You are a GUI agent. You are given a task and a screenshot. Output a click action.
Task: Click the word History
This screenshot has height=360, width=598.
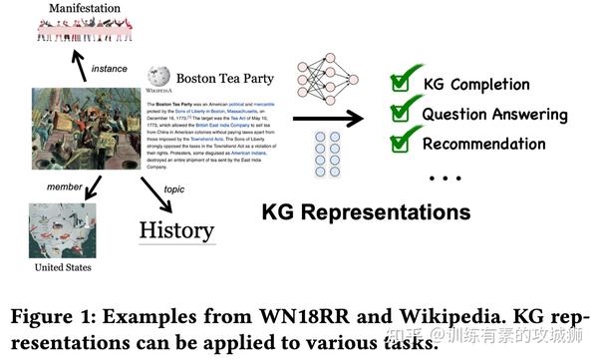point(176,228)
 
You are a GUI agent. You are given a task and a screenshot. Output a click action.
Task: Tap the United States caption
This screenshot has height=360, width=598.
point(61,268)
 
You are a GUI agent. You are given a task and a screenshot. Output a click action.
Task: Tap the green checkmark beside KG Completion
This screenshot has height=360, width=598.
point(402,80)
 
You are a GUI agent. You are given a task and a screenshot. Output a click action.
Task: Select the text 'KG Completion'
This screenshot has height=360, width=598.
point(476,84)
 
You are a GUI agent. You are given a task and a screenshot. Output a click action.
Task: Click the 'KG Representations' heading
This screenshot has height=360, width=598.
point(366,211)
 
